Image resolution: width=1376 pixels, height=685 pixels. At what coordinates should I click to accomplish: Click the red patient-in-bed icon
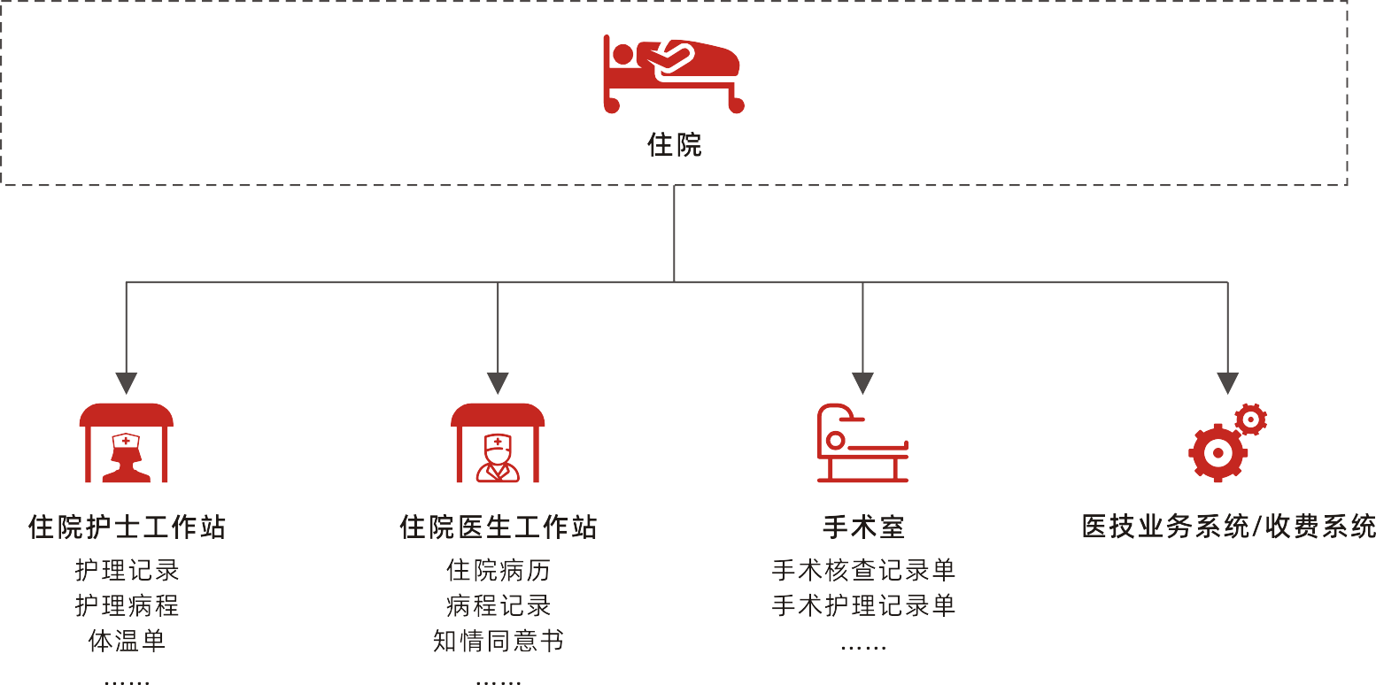point(673,74)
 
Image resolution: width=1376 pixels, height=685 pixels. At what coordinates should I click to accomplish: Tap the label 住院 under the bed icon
point(674,145)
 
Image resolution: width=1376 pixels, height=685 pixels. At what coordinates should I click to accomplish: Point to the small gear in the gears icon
point(1250,419)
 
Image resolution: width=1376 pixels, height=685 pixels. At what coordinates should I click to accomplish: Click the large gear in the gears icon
point(1218,452)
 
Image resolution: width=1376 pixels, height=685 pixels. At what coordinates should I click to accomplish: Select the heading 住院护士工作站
point(127,527)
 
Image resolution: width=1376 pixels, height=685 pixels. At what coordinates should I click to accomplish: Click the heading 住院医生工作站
point(498,527)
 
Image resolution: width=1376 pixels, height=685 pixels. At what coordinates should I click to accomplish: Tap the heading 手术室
point(862,527)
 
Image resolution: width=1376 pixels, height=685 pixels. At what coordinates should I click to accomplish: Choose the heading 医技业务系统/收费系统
point(1228,527)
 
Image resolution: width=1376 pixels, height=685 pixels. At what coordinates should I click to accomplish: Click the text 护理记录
point(127,570)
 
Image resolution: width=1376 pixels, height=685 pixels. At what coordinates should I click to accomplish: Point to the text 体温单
point(127,641)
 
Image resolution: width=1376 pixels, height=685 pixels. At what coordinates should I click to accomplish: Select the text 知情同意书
point(498,641)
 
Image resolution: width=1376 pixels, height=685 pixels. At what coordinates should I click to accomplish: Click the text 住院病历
point(498,570)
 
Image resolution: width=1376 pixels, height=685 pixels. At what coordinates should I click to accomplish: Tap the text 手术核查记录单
point(862,570)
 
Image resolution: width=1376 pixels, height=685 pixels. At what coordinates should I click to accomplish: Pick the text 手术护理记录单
point(862,605)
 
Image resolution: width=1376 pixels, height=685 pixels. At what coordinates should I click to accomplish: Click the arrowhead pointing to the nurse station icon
point(127,383)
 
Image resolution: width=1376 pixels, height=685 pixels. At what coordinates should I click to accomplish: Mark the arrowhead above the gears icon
point(1227,383)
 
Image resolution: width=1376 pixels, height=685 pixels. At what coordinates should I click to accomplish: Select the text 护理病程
point(127,605)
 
